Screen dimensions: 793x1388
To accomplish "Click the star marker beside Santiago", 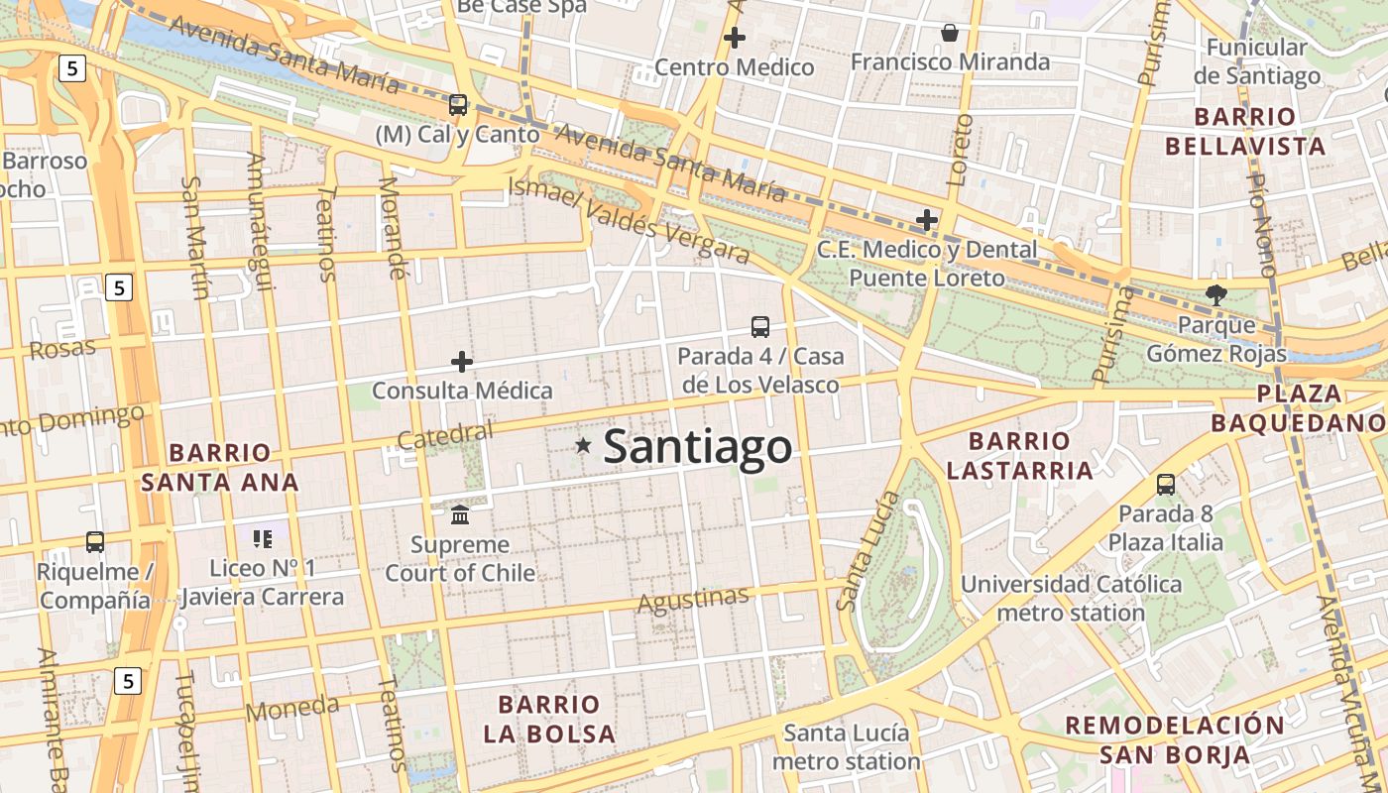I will pos(583,447).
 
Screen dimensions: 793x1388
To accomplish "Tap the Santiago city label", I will pos(698,447).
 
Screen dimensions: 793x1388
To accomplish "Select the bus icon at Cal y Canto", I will pos(457,104).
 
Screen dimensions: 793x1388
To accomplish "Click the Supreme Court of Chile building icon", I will pos(460,514).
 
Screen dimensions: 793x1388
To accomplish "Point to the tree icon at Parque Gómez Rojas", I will pos(1215,294).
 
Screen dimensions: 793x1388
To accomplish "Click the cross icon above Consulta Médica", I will pos(462,362).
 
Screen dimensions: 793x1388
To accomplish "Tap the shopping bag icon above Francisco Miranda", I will pos(950,33).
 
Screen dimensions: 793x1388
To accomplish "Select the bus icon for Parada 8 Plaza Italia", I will pos(1166,485).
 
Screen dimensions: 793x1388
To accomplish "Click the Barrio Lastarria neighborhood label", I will pos(1019,455).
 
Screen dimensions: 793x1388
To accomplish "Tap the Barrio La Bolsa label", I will pos(549,720).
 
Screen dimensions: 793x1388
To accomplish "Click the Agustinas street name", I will pos(693,600).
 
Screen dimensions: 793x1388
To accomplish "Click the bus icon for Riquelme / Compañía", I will pos(95,542).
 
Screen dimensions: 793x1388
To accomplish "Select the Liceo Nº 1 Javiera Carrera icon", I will pos(263,538).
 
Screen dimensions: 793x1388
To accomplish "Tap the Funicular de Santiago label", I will pos(1257,61).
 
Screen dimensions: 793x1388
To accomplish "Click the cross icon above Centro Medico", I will pos(735,39).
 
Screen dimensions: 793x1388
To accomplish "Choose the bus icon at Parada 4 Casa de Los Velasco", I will pos(760,326).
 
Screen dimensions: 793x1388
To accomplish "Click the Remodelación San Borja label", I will pos(1175,739).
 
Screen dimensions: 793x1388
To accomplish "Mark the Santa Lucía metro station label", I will pos(846,747).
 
